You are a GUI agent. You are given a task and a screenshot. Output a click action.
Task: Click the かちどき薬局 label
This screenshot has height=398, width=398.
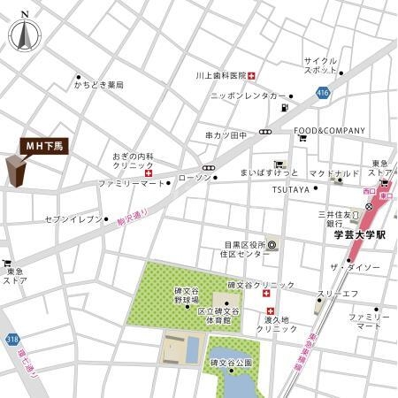[x=99, y=85]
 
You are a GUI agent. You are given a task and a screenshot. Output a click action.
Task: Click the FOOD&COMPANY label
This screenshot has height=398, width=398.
[x=329, y=131]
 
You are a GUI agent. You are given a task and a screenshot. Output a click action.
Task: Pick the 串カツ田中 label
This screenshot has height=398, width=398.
[x=226, y=135]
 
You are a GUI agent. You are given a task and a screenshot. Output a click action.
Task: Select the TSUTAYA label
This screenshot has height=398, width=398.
[x=290, y=189]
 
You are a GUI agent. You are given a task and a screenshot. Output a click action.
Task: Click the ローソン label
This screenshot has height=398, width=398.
[x=195, y=178]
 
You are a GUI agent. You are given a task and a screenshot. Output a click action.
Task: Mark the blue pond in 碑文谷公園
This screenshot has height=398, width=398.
[x=241, y=384]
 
